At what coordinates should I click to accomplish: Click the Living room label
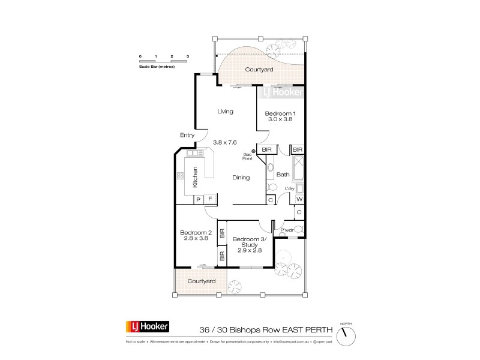pos(225,112)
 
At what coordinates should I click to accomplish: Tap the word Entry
pos(187,136)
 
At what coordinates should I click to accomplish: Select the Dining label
pos(242,178)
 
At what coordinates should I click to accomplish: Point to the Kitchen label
pos(195,178)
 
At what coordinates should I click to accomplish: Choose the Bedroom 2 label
pos(196,233)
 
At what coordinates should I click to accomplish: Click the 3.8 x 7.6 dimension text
pos(225,142)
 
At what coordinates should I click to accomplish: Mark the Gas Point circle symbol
pos(254,151)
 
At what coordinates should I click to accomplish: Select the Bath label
pos(283,175)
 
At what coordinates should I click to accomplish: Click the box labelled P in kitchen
pos(197,200)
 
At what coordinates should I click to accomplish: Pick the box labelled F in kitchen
pos(210,200)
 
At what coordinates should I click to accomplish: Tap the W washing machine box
pos(299,200)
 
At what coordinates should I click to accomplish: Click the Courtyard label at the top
pos(260,70)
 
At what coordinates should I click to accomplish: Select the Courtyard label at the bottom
pos(201,281)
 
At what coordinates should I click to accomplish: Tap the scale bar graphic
pos(164,61)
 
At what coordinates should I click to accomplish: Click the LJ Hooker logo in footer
pos(148,327)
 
